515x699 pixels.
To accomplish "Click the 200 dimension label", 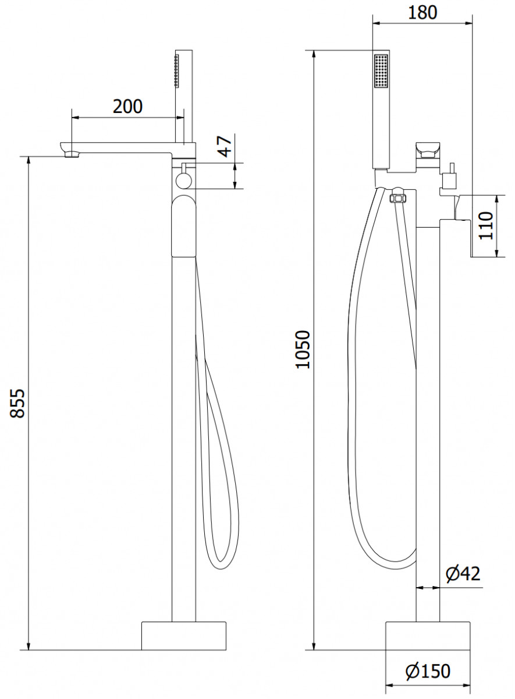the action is (x=127, y=107).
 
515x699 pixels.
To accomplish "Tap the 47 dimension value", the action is (x=226, y=146).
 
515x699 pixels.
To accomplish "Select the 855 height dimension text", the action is (x=17, y=403).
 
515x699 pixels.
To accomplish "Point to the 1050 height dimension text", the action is (x=303, y=349).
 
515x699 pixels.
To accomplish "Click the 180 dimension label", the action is (x=422, y=12).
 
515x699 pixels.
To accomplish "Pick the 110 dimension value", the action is (x=486, y=226).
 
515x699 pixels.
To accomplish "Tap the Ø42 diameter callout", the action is (x=463, y=573).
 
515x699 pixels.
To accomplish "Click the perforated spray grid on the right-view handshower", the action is (x=381, y=72).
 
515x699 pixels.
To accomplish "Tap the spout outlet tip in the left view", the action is (x=72, y=154).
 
